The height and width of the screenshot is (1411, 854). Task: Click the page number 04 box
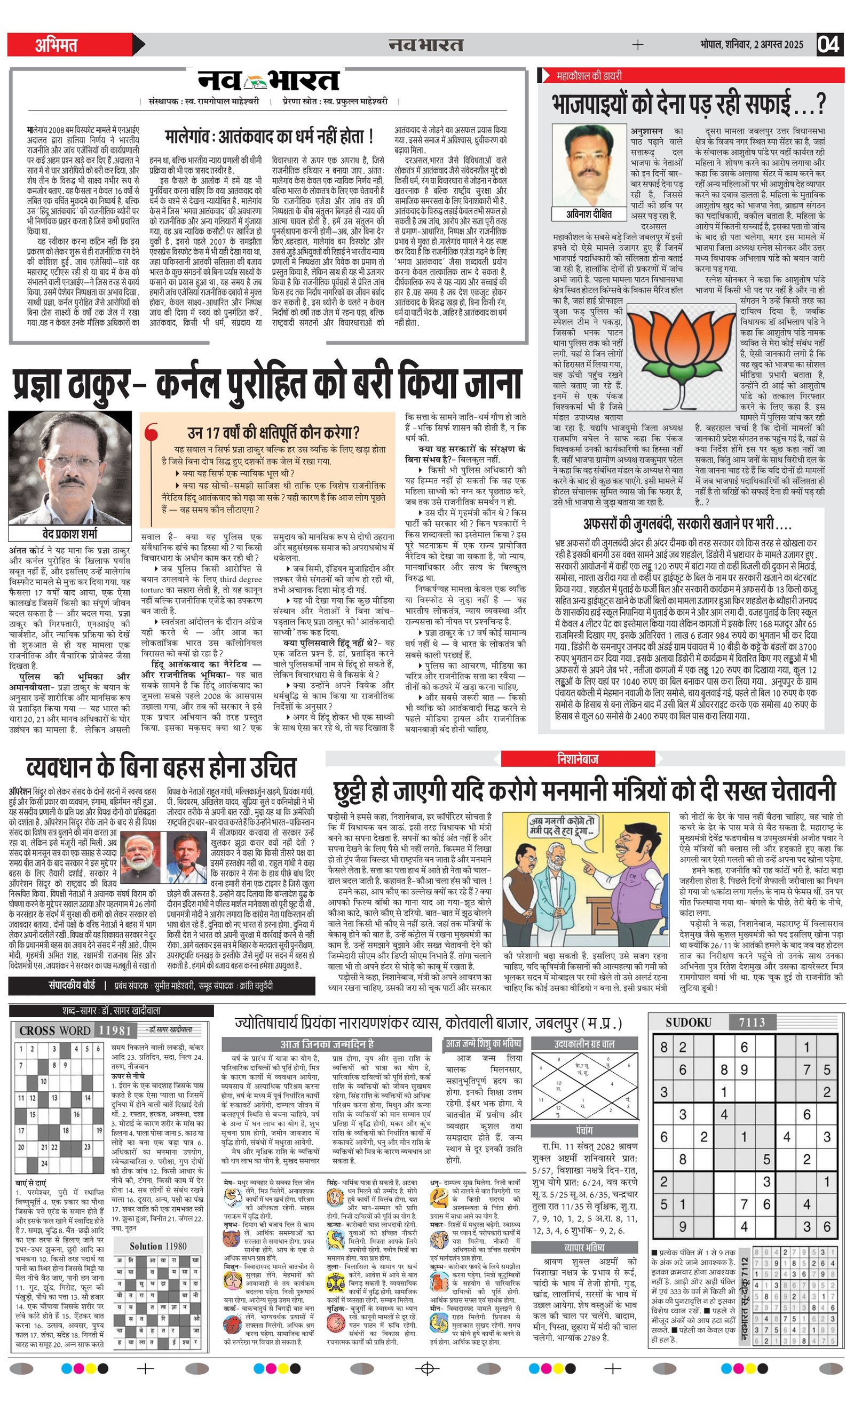[x=829, y=45]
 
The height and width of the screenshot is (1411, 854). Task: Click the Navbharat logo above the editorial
[x=268, y=81]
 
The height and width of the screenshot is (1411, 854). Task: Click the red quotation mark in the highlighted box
[x=152, y=432]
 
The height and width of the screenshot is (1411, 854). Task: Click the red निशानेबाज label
[x=578, y=759]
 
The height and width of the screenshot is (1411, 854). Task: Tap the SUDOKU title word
[x=688, y=1022]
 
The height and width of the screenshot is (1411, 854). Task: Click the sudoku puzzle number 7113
[x=752, y=1022]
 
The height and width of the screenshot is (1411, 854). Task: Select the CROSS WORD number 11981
[x=115, y=1030]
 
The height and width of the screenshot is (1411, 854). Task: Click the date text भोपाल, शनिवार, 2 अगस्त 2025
[x=751, y=45]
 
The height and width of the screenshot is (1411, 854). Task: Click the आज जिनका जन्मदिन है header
[x=327, y=1044]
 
